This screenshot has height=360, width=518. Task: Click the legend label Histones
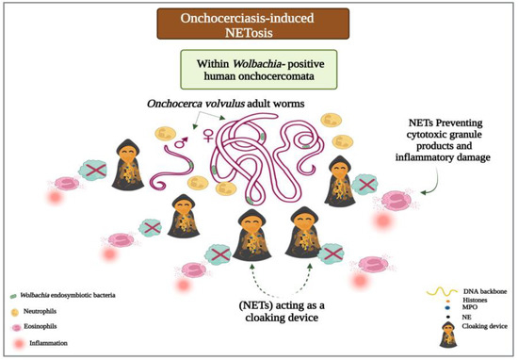(456, 299)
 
